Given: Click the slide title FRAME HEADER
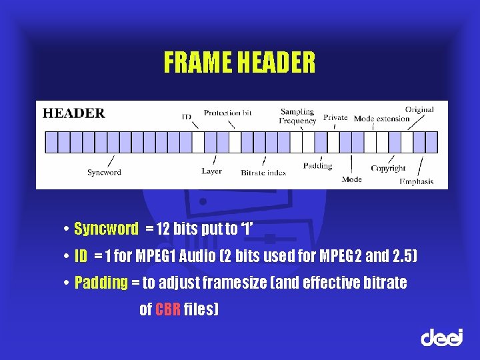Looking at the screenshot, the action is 239,63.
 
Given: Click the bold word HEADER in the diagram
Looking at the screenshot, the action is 74,113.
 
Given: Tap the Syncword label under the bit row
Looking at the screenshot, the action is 104,173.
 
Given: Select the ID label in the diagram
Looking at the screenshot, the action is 187,117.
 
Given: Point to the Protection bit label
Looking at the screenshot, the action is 227,113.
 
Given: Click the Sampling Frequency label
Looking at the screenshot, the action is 297,117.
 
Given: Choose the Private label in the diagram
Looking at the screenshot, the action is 335,117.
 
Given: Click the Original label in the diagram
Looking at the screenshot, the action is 419,109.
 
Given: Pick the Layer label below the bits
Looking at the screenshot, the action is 211,171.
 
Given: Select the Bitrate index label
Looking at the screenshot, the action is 263,173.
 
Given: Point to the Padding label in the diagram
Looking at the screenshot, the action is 317,166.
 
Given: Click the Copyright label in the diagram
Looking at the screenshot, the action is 388,169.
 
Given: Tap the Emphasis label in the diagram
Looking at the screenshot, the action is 417,181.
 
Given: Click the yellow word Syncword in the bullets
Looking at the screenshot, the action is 106,229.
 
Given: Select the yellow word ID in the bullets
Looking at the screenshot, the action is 81,256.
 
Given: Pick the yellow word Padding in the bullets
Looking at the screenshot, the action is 101,283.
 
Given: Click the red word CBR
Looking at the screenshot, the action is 168,309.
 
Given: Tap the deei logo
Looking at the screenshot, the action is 441,337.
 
